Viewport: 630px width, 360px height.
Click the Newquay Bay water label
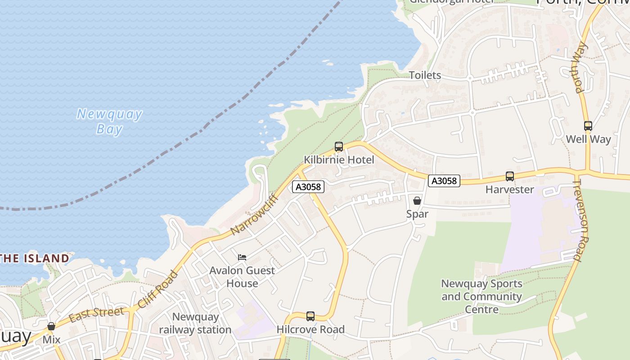(109, 121)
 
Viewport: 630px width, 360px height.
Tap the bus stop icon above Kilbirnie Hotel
(339, 146)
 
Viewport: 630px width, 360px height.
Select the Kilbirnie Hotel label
(339, 160)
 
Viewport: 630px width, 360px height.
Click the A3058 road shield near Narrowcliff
(308, 187)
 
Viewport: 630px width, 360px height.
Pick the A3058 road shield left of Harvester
(444, 181)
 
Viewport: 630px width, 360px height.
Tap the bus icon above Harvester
(509, 176)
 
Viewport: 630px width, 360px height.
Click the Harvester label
(509, 189)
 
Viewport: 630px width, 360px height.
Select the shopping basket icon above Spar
(417, 201)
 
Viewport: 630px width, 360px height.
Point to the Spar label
(417, 214)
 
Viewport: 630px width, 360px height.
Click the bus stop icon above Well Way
(588, 126)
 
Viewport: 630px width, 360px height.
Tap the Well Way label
(588, 139)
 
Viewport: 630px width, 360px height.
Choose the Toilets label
(425, 75)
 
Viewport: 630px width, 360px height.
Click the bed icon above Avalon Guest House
(242, 257)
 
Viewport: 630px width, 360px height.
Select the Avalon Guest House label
(242, 277)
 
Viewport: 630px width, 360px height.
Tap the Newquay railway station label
(195, 323)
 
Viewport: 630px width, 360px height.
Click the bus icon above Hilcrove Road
(310, 316)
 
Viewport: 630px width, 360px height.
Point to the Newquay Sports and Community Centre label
(481, 297)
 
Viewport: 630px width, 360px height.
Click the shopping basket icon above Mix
(51, 326)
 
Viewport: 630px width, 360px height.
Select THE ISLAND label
(35, 258)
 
